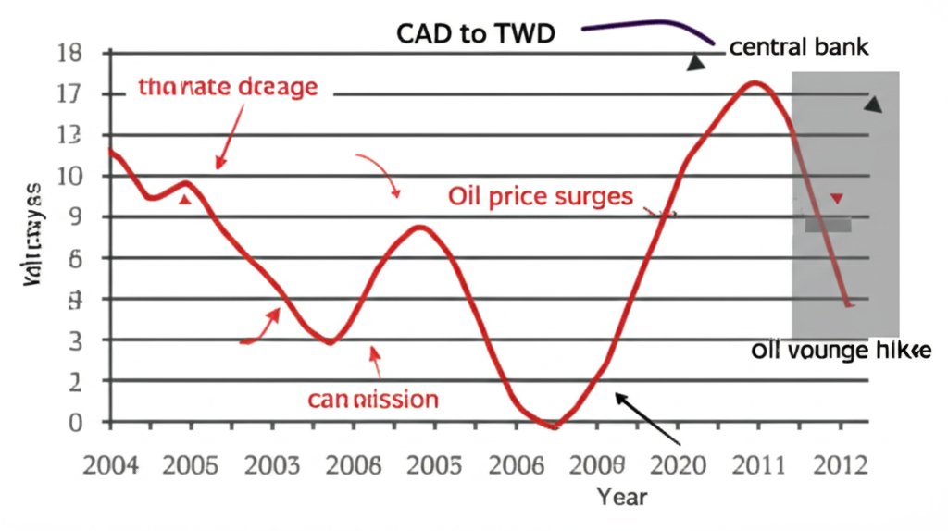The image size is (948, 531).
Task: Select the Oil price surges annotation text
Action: pos(541,196)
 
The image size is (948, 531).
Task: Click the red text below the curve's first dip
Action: pos(372,399)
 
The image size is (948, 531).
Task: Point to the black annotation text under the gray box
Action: pos(841,351)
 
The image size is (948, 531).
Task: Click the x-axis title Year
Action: pos(622,496)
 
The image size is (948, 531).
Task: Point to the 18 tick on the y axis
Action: pos(70,54)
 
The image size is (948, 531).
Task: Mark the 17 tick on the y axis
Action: pos(70,94)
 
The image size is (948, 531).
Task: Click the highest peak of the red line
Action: pos(755,83)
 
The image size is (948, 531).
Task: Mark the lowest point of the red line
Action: pos(553,426)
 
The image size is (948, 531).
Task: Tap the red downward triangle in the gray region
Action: pos(838,198)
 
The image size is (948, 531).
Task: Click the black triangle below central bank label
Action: pos(695,63)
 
